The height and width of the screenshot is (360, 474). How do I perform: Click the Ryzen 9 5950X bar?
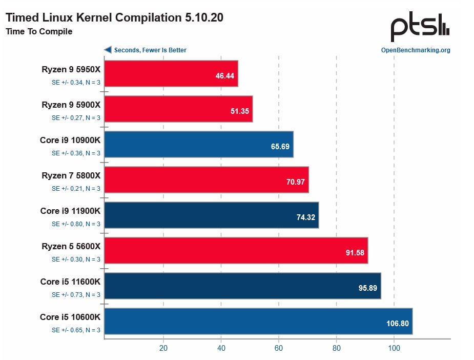click(171, 73)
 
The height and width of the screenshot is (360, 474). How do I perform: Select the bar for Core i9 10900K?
click(199, 144)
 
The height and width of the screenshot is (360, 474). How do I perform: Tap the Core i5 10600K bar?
click(258, 321)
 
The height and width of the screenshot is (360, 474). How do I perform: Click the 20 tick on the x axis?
click(163, 348)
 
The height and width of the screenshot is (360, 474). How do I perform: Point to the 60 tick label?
click(279, 348)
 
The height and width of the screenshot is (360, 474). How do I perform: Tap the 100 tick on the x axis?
click(394, 348)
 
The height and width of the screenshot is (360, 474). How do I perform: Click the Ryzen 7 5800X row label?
click(71, 175)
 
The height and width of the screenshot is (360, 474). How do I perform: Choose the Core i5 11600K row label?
click(70, 282)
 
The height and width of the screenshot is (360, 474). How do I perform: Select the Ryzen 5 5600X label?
click(71, 246)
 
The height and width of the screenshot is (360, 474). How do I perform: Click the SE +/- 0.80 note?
click(76, 224)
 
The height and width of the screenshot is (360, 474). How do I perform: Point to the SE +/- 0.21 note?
click(76, 188)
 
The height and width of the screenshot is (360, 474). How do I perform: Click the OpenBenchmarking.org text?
click(416, 50)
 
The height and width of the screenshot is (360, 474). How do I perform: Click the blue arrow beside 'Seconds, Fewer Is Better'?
click(108, 50)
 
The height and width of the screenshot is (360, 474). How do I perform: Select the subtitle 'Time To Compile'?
click(39, 32)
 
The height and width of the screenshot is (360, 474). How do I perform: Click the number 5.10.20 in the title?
click(203, 17)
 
